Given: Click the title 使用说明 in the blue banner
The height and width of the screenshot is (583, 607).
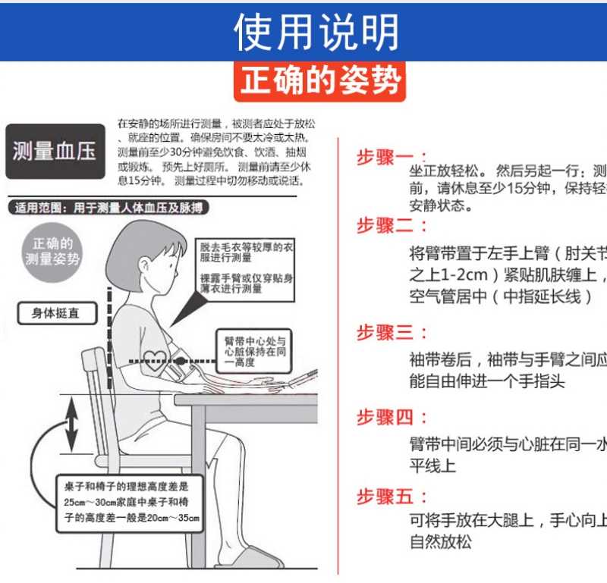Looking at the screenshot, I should (316, 31).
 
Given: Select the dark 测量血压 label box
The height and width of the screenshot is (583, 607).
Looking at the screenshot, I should (54, 152).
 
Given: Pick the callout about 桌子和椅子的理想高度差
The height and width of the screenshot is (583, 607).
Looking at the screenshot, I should (131, 503).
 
